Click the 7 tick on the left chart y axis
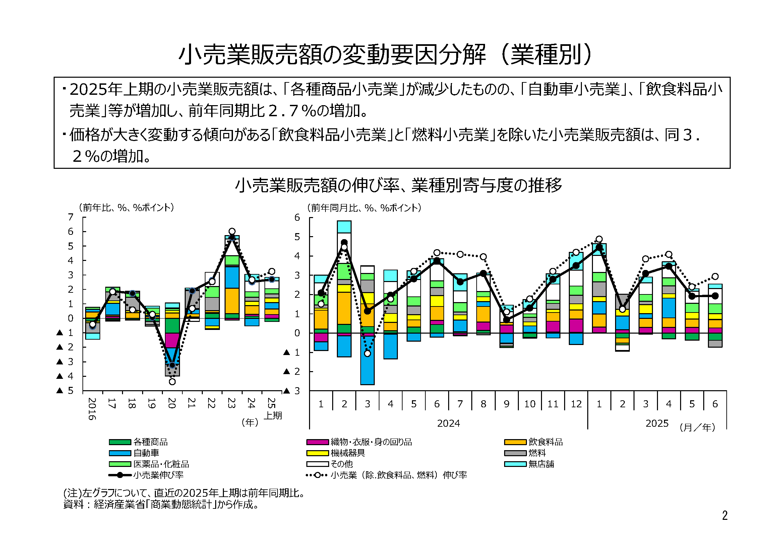point(71,217)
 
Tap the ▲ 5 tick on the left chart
point(66,391)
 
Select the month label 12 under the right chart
point(576,404)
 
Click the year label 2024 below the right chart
point(448,423)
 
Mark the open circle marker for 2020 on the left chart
point(172,382)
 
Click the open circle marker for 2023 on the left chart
point(232,231)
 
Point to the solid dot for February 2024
point(344,243)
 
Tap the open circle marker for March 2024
point(367,353)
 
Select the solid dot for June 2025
point(715,296)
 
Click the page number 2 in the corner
point(725,515)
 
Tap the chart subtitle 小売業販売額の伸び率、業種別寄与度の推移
point(399,185)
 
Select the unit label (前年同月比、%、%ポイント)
point(364,207)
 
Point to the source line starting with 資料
point(161,504)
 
